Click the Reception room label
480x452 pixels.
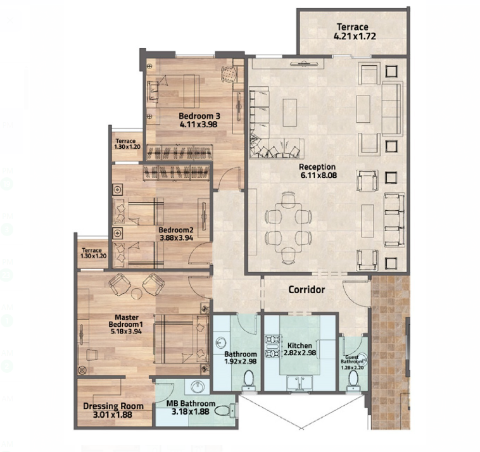tap(317, 167)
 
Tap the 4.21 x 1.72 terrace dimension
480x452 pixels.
tap(355, 37)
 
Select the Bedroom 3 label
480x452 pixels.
tap(199, 116)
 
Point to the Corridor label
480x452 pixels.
tap(306, 289)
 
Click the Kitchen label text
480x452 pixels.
tap(300, 346)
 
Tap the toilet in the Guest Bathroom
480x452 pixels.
tap(353, 380)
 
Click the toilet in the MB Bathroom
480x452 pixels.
tap(226, 410)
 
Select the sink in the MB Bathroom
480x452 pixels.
tap(198, 387)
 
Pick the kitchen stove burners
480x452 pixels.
tap(272, 346)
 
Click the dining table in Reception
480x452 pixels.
tap(288, 228)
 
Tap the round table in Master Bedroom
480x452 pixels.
tap(137, 294)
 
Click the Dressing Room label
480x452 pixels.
tap(113, 406)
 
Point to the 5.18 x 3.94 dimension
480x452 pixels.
tap(127, 331)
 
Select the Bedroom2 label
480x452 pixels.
tap(176, 230)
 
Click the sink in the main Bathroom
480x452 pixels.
tap(220, 342)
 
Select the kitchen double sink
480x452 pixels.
tap(300, 383)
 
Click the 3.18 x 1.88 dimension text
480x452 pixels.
tap(191, 412)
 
